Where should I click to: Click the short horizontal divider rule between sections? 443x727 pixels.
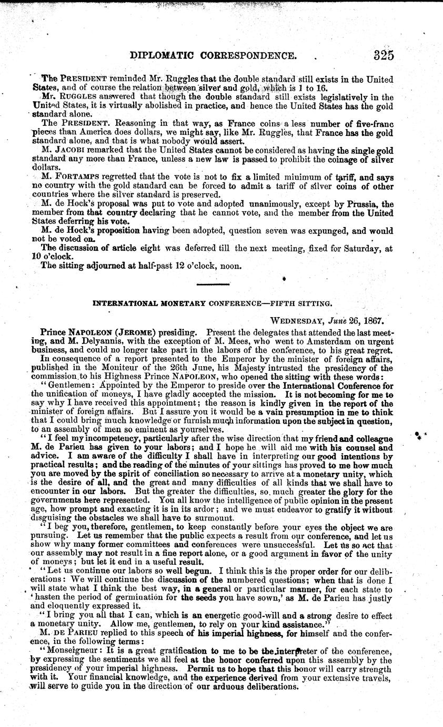click(215, 284)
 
